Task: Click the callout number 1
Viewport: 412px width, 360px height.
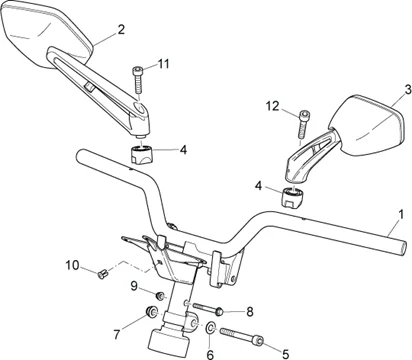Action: tap(401, 214)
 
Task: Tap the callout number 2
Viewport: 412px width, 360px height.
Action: tap(121, 29)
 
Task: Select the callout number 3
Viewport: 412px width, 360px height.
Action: tap(408, 90)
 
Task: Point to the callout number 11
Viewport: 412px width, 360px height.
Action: tap(163, 63)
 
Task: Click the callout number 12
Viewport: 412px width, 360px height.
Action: tap(273, 106)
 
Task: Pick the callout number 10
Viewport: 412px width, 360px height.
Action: tap(72, 265)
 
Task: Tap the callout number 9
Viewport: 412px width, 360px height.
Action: tap(134, 286)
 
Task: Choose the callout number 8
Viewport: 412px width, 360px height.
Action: tap(249, 312)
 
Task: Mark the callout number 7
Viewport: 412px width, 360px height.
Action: tap(116, 334)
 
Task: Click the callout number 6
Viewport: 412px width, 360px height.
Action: tap(210, 354)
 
